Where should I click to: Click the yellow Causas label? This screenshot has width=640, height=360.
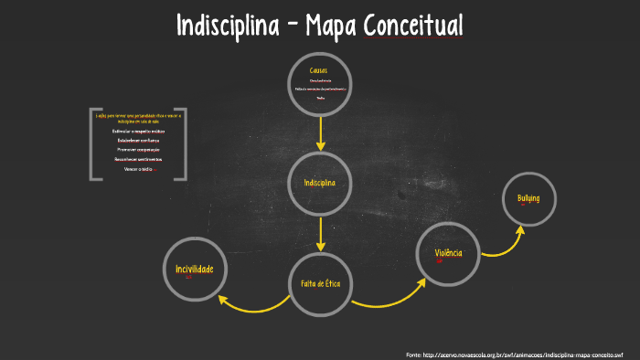tap(319, 71)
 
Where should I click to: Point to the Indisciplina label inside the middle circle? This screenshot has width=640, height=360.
tap(320, 183)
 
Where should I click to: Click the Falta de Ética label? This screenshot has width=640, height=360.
tap(320, 284)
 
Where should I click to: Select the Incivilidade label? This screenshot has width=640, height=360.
tap(194, 269)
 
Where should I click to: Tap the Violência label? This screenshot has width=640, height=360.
tap(448, 252)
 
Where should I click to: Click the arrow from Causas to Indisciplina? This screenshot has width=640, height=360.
tap(320, 133)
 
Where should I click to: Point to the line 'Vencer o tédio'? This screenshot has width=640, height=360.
tap(138, 168)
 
